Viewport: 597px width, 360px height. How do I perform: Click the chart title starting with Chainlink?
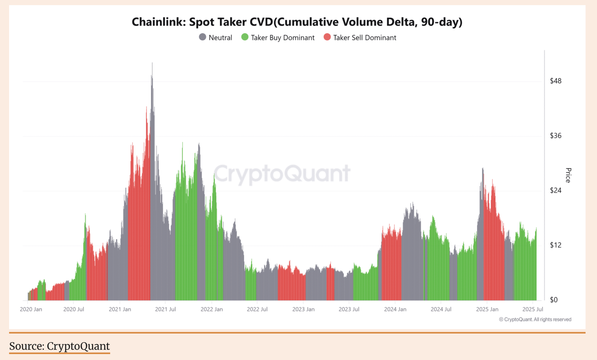pos(297,22)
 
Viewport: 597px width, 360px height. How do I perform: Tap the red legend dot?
pos(327,37)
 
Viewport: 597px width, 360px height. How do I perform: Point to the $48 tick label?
pos(556,81)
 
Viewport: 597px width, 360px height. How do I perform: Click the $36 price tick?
pos(556,136)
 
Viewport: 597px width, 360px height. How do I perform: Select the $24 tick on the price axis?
pos(556,190)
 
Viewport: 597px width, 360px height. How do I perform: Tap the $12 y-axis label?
pos(556,245)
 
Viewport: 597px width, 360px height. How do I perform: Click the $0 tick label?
pos(554,300)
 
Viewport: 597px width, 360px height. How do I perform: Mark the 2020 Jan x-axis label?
pos(31,309)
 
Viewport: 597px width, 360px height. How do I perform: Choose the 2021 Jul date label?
pos(165,309)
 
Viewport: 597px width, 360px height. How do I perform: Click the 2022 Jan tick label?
pos(212,309)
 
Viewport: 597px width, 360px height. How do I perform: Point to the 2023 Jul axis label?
pos(349,309)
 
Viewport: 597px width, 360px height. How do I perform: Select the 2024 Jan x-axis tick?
pos(395,309)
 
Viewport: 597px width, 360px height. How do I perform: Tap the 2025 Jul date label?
pos(533,309)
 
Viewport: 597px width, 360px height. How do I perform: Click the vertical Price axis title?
pos(568,175)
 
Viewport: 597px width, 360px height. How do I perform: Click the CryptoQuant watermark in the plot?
pos(282,174)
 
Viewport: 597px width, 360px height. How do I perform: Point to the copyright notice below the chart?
pos(535,319)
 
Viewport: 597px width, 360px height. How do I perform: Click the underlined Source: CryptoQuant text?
pos(60,346)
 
